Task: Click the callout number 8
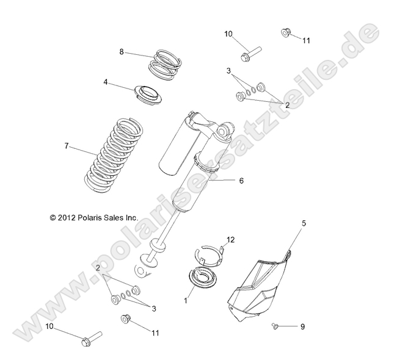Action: click(122, 52)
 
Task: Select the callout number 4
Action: click(123, 81)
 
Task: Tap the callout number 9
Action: click(301, 327)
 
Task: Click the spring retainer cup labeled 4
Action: click(148, 93)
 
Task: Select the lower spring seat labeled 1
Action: click(205, 278)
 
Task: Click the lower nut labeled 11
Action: click(126, 319)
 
